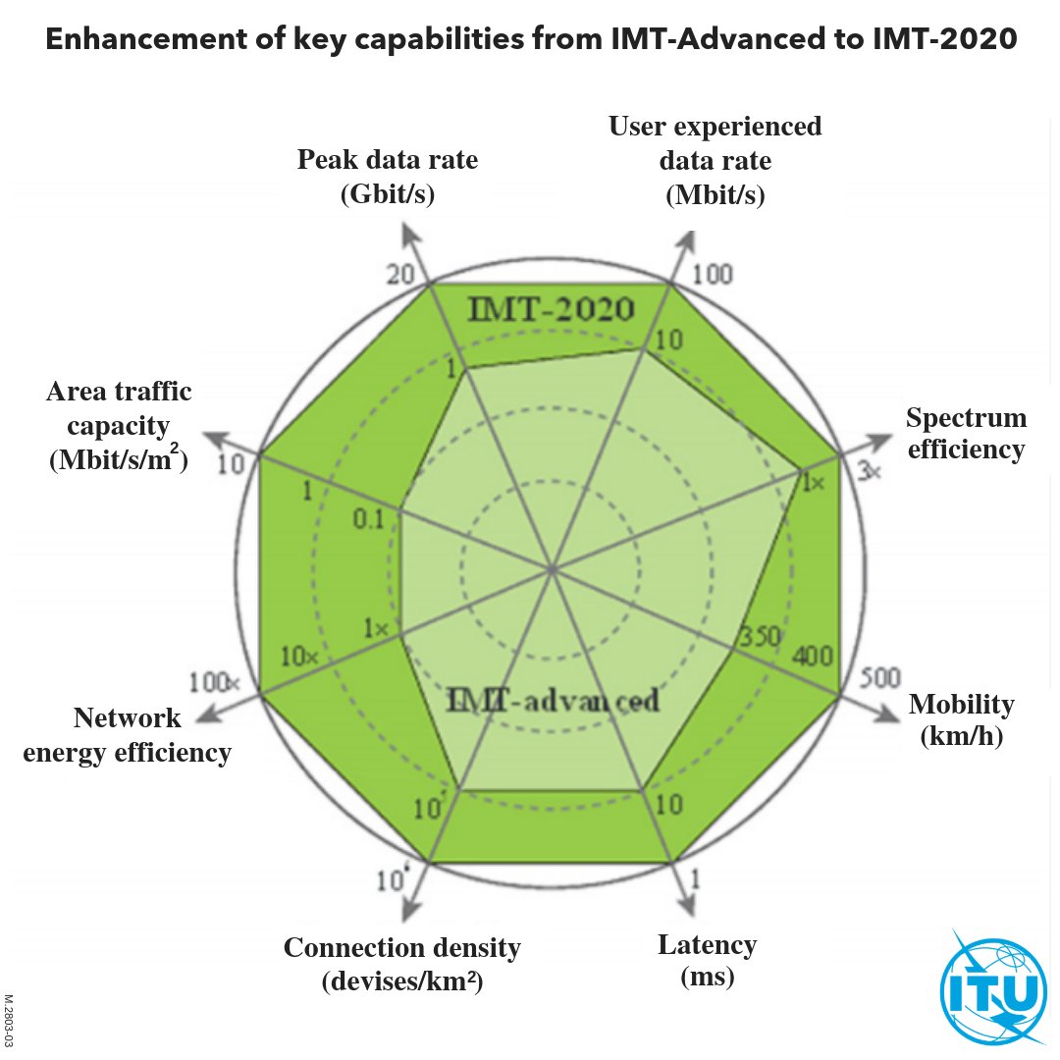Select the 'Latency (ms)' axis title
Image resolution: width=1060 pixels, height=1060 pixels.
707,961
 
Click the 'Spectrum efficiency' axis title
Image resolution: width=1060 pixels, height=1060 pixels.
966,434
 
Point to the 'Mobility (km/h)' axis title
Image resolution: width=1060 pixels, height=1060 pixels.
961,719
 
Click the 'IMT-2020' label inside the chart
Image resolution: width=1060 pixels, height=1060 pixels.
550,310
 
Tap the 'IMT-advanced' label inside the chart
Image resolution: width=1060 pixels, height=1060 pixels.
553,702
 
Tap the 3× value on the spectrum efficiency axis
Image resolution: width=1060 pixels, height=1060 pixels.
871,471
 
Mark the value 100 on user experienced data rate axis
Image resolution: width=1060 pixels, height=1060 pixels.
712,274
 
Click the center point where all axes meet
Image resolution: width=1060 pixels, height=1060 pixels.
553,569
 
